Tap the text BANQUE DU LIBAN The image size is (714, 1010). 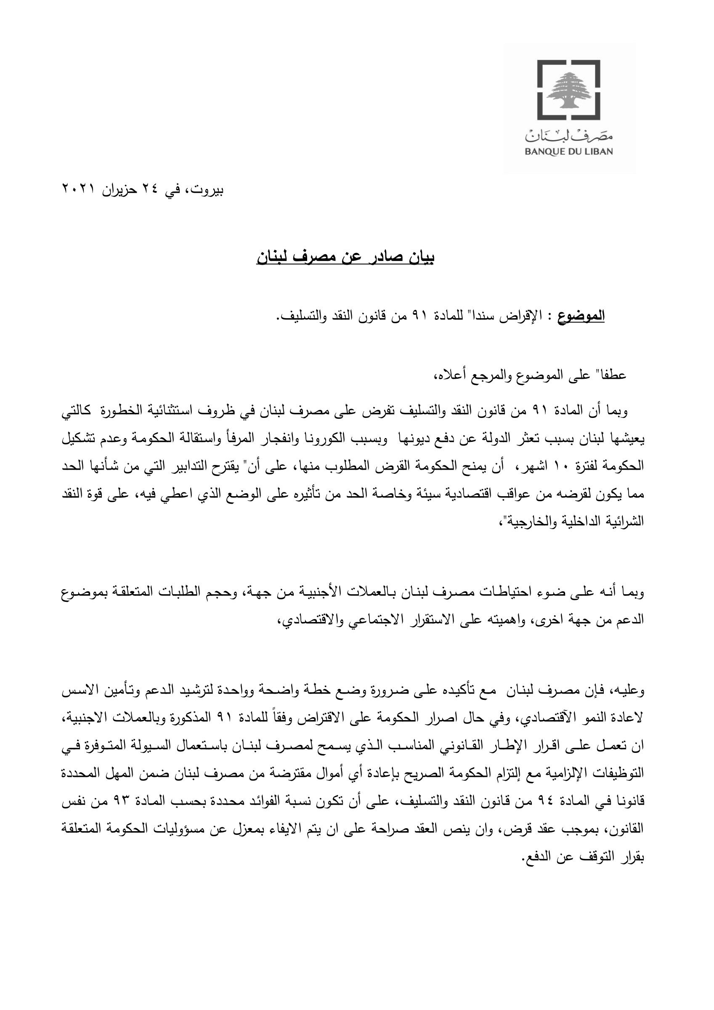coord(569,152)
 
